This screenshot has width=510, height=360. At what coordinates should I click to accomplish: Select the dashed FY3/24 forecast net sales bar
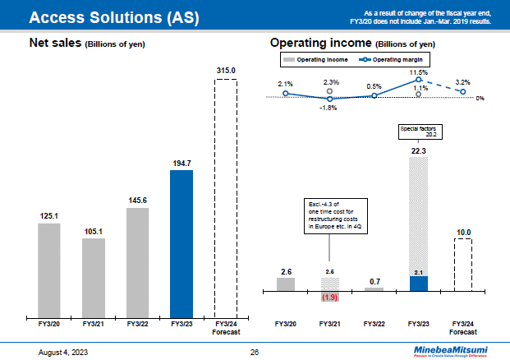click(225, 198)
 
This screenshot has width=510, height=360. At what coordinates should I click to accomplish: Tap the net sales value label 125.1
click(49, 216)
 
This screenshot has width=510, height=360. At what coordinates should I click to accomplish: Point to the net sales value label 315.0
click(226, 72)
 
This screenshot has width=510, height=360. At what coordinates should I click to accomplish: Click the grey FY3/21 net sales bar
click(94, 278)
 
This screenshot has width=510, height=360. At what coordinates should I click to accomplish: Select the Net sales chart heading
click(86, 44)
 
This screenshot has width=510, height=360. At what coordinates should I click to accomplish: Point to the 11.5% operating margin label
click(419, 72)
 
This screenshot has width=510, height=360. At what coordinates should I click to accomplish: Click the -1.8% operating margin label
click(329, 107)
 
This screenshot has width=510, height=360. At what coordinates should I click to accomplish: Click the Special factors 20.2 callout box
click(418, 131)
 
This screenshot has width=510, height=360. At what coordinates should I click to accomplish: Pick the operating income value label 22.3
click(419, 150)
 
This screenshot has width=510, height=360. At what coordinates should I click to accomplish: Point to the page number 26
click(255, 352)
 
